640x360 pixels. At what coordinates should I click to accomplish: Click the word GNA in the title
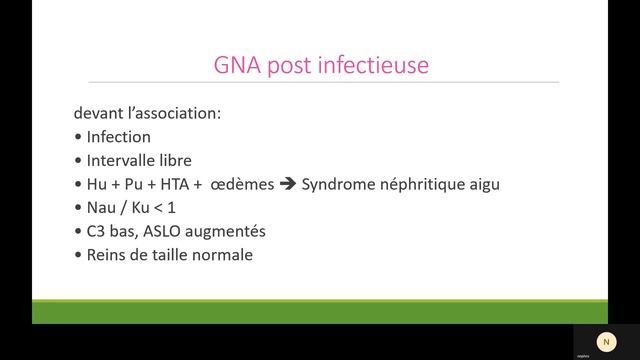click(238, 65)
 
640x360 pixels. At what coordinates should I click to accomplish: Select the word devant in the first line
click(99, 113)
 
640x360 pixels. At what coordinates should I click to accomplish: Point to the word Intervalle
click(123, 160)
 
